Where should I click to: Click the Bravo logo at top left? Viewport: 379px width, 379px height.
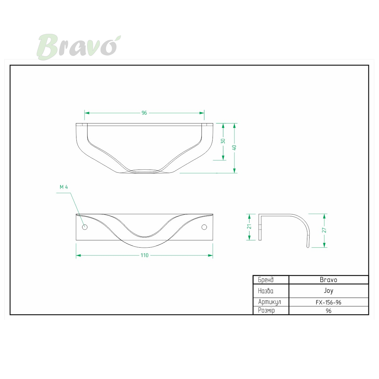coord(79,47)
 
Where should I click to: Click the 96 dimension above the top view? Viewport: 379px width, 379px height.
coord(144,113)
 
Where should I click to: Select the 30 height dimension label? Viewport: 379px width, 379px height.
coord(223,141)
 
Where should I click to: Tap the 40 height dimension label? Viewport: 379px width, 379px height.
coord(234,148)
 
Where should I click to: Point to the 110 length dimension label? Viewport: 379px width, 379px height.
coord(144,255)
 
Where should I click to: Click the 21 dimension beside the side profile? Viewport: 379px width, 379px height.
coord(249,226)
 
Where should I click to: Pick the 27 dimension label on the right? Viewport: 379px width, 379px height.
coord(324,230)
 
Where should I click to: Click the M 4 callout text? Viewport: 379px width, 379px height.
coord(64,187)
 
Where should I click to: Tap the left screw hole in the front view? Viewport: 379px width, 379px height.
coord(85,227)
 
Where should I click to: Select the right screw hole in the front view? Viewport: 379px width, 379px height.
coord(204,227)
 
